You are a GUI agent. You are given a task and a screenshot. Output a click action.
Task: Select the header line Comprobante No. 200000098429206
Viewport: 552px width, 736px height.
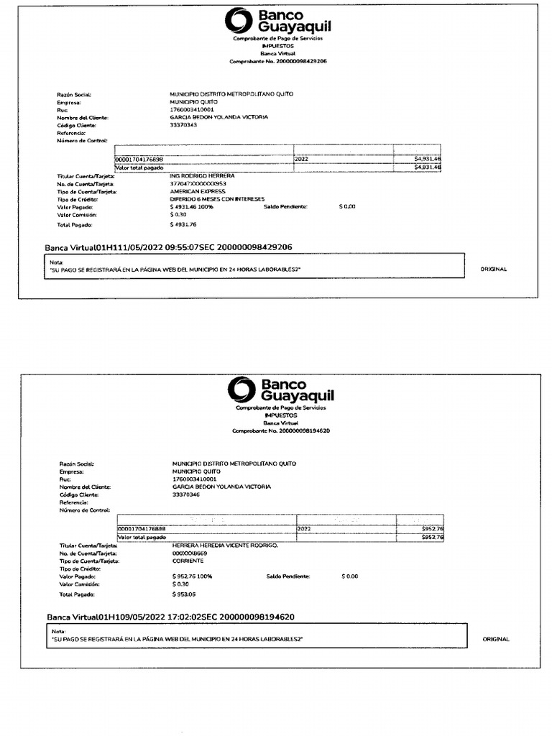tap(277, 62)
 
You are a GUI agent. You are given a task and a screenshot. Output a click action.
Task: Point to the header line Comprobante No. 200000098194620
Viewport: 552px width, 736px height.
tap(281, 431)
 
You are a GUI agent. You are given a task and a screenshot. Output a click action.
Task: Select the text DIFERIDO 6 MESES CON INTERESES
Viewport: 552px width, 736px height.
tap(217, 199)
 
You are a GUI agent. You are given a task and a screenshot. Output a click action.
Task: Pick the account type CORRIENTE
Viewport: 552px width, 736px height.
tap(188, 561)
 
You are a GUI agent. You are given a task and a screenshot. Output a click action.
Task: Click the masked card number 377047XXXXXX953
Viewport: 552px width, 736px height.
tap(198, 184)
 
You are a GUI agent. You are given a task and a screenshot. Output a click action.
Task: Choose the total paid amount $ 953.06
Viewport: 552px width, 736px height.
tap(185, 594)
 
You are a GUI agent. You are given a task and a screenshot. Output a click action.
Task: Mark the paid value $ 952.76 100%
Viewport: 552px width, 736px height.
tap(193, 576)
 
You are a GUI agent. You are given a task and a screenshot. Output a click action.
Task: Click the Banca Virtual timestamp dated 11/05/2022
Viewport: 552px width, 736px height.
tap(168, 247)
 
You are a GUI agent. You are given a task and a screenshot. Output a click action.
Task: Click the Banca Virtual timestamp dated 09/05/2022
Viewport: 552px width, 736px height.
tap(170, 617)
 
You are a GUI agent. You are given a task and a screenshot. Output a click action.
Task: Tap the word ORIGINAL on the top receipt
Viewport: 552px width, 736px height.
tap(493, 269)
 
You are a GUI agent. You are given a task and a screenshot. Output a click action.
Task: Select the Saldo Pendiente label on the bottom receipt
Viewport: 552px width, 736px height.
tap(287, 576)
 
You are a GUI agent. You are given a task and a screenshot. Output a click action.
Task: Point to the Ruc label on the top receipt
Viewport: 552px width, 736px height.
tap(63, 110)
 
